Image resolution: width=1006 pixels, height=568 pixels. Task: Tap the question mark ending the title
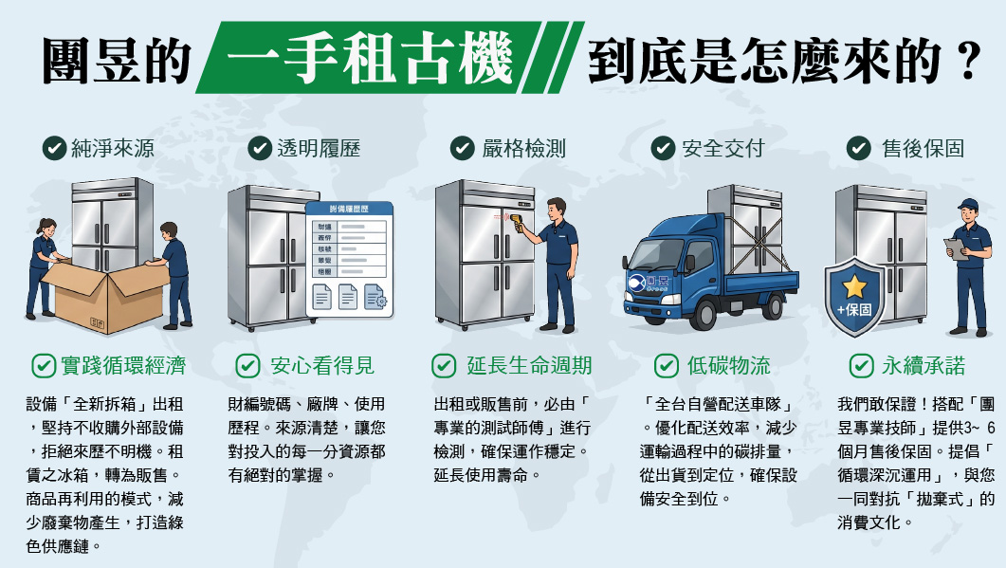[967, 60]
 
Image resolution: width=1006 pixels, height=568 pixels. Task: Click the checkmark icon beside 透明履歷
[260, 148]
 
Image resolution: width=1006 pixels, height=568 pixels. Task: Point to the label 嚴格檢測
[523, 148]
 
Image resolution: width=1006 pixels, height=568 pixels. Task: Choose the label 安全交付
[722, 148]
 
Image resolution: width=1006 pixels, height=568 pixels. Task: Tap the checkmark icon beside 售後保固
[858, 148]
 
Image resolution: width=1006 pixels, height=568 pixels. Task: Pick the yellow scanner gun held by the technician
[521, 224]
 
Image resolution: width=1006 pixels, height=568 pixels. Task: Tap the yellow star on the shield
[854, 285]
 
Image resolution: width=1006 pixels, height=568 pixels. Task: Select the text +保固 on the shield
[854, 311]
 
